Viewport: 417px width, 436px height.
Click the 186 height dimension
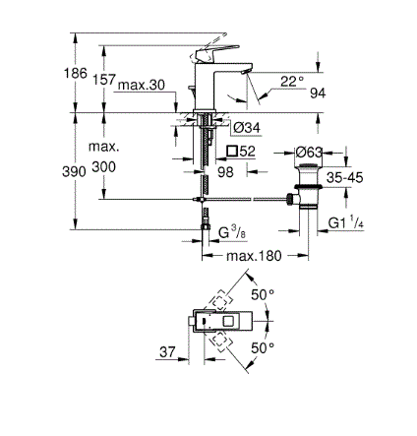click(x=76, y=73)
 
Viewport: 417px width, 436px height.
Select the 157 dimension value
click(x=104, y=80)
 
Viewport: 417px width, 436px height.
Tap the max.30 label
click(x=142, y=85)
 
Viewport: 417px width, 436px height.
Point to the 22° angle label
click(x=292, y=82)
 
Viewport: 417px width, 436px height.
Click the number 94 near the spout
click(x=318, y=93)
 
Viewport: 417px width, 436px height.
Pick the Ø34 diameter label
click(x=247, y=127)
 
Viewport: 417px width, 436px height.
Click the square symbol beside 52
click(x=232, y=151)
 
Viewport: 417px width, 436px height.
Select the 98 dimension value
click(x=225, y=172)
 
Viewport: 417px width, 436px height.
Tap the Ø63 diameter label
click(x=309, y=153)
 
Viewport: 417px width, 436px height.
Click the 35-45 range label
click(x=345, y=177)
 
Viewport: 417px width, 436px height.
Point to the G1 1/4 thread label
click(x=346, y=222)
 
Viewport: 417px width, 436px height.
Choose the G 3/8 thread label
click(x=232, y=232)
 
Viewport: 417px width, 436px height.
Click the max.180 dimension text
click(x=254, y=256)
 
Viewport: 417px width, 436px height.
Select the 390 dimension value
click(x=74, y=171)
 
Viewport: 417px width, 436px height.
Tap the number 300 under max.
click(x=103, y=167)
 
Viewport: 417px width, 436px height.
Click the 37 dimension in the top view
click(x=167, y=352)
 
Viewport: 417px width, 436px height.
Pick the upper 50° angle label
click(x=263, y=295)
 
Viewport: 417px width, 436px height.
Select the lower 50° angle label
click(x=263, y=347)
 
